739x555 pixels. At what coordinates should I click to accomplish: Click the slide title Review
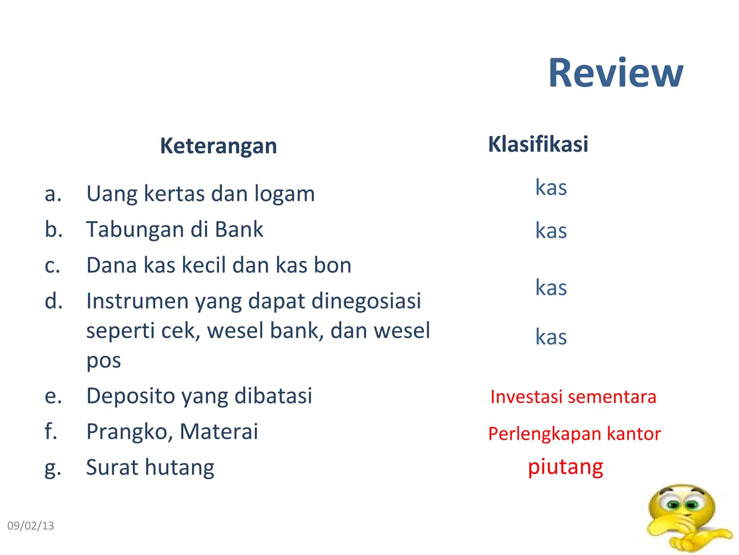coord(616,73)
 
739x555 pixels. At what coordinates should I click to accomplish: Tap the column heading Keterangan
coord(218,146)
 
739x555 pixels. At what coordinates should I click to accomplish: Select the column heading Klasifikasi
coord(538,144)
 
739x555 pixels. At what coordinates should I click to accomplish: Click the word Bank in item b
coord(239,229)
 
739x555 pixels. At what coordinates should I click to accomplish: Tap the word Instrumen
coord(137,301)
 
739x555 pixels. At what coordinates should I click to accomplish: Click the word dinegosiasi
coord(366,301)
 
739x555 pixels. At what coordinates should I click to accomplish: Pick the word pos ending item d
coord(104,361)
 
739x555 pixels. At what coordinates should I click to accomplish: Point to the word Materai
coord(219,431)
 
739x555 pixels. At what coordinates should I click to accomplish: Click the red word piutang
coord(565,467)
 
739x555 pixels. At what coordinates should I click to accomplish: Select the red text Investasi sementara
coord(573,397)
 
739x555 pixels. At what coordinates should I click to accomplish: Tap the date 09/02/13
coord(31,526)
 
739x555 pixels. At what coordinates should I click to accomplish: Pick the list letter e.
coord(53,396)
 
